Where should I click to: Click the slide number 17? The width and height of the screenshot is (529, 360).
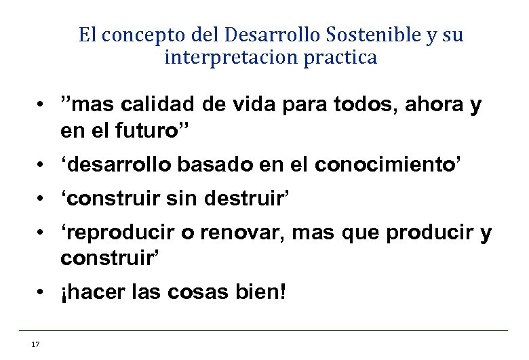[35, 344]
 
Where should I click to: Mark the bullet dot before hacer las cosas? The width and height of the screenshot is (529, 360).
[41, 294]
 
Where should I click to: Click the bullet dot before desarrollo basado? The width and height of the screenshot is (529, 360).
[41, 164]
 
